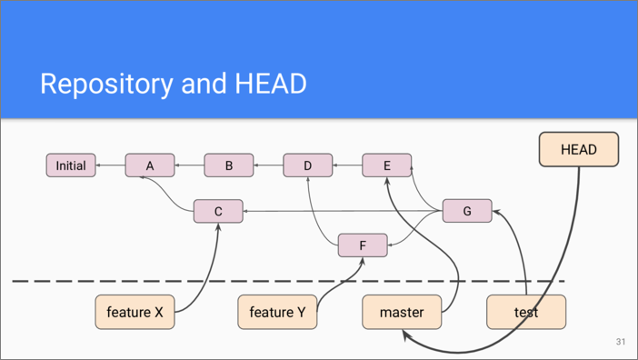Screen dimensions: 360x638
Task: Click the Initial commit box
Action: click(71, 165)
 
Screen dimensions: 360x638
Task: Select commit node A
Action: click(149, 165)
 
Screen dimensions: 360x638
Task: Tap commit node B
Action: click(228, 165)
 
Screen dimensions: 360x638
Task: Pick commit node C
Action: click(218, 211)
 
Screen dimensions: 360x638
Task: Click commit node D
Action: click(307, 165)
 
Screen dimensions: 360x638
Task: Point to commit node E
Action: click(386, 165)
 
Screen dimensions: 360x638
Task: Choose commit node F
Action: click(363, 245)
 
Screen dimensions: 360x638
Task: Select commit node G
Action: click(467, 211)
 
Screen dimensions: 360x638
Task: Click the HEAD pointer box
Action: click(579, 149)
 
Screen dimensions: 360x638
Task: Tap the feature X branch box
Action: click(135, 312)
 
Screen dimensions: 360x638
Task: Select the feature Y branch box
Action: click(277, 312)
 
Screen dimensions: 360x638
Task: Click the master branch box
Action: click(402, 312)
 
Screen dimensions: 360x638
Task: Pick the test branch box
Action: click(526, 312)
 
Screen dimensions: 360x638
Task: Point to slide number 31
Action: click(621, 342)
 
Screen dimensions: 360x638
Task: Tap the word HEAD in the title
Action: click(270, 85)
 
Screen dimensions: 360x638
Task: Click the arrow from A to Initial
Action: click(110, 165)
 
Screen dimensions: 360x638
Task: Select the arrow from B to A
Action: click(189, 165)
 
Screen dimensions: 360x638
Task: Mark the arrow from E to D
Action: click(347, 165)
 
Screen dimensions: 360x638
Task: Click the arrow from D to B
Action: click(268, 165)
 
